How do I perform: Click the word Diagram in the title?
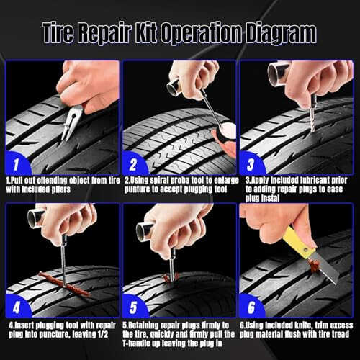point(282,33)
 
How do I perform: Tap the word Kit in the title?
point(147,32)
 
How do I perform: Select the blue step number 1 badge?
point(17,163)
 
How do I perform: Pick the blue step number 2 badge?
point(134,163)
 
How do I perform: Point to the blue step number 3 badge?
point(251,163)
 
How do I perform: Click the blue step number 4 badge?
point(17,306)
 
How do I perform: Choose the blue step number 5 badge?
point(134,306)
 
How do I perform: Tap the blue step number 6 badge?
point(251,306)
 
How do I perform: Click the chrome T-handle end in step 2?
point(174,87)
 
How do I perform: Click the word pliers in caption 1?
point(61,189)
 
